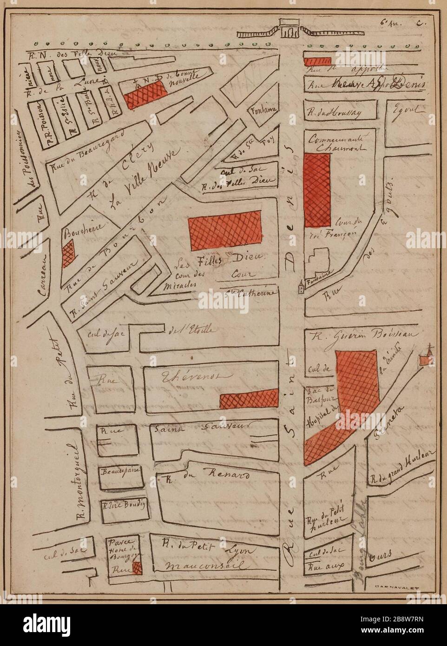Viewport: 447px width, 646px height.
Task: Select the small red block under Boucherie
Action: [68, 255]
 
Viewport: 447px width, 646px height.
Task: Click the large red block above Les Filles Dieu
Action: [224, 231]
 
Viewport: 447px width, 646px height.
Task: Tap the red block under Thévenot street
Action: [249, 399]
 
